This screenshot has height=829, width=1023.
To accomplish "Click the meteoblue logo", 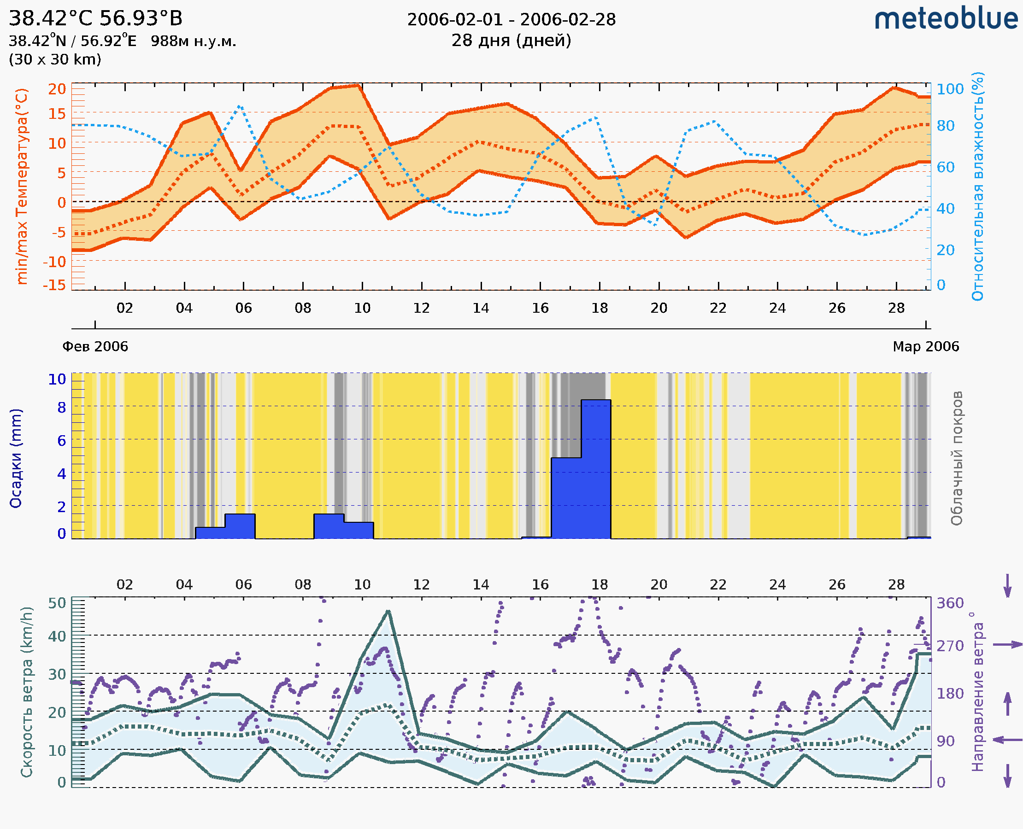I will point(946,19).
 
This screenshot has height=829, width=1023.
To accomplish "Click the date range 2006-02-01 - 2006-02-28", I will point(511,20).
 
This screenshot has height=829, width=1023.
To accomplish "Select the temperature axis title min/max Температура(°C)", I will point(22,186).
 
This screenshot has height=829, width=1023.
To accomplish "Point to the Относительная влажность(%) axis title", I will point(977,186).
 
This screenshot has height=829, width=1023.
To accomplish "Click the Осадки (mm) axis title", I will point(16,458).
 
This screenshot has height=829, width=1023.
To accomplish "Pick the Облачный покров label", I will point(956,458).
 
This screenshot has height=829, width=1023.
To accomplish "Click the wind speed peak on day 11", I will point(388,612).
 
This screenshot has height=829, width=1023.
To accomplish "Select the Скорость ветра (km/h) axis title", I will point(27,692).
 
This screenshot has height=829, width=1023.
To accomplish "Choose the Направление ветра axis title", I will point(977,692).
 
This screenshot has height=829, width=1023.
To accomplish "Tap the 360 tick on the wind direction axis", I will point(950,603).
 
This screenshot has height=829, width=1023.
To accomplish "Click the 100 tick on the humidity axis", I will point(950,89).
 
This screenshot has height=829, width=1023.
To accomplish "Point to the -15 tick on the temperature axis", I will point(54,285).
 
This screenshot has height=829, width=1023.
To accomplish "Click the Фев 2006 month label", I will point(95,346).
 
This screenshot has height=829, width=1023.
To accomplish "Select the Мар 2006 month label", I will point(925,346).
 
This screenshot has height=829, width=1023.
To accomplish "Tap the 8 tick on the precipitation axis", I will point(62,407).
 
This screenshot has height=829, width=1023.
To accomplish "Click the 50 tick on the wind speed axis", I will point(57,603).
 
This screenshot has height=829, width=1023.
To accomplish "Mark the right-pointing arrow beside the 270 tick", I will point(1008,645).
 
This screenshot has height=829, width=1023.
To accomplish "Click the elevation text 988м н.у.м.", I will point(193,41).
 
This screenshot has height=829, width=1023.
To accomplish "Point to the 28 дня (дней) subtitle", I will point(511,41).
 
